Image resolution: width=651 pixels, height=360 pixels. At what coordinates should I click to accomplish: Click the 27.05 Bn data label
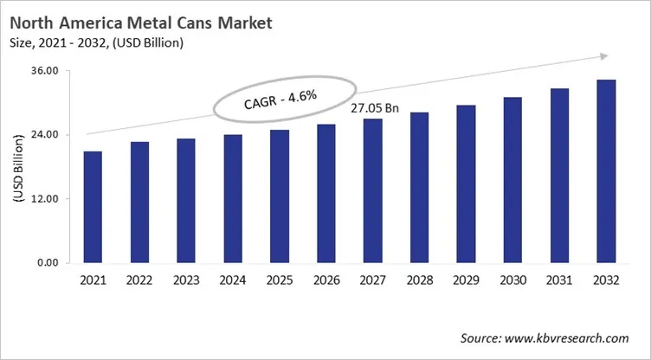pyautogui.click(x=373, y=108)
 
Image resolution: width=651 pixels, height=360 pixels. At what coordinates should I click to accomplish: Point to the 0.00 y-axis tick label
pyautogui.click(x=47, y=263)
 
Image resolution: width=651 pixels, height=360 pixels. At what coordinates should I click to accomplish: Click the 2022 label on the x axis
pyautogui.click(x=139, y=281)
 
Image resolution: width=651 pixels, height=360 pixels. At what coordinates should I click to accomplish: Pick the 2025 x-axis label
pyautogui.click(x=280, y=281)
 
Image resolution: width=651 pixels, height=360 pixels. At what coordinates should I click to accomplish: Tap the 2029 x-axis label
pyautogui.click(x=466, y=281)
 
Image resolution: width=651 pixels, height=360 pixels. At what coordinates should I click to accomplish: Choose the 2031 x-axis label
pyautogui.click(x=559, y=281)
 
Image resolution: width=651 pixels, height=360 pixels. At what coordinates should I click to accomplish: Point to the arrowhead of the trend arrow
pyautogui.click(x=596, y=56)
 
